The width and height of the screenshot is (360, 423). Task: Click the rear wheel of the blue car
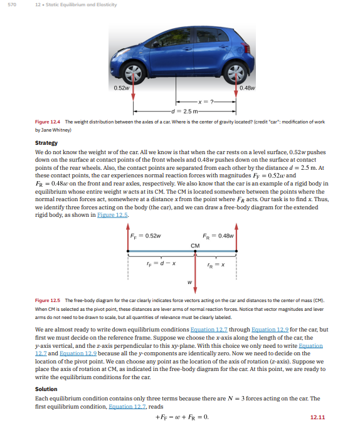pos(235,73)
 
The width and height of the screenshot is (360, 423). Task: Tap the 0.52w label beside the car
pos(122,88)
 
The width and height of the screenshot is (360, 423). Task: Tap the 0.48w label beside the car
pos(247,88)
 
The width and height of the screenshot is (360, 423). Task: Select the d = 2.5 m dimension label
pos(185,112)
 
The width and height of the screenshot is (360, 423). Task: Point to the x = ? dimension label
pos(206,102)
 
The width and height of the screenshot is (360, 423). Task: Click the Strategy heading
pos(46,143)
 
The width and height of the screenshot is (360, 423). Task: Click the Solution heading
pos(46,389)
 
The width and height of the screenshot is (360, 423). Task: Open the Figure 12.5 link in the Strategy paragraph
pos(112,215)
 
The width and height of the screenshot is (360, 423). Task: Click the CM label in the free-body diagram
pos(195,246)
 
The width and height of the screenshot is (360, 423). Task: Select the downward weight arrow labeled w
pos(195,272)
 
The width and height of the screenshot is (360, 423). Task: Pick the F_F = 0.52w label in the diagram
pos(146,236)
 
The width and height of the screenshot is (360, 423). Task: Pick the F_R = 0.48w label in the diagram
pos(218,236)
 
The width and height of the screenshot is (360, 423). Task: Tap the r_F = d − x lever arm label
pos(161,264)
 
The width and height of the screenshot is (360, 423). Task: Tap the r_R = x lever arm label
pos(216,265)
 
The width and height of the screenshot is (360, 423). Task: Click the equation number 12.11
pos(317,417)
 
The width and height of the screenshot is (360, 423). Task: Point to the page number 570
pos(12,4)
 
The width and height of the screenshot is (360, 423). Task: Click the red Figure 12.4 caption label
pos(48,122)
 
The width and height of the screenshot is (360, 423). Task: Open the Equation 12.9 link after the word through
pos(270,330)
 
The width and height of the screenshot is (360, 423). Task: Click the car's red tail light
pos(247,48)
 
